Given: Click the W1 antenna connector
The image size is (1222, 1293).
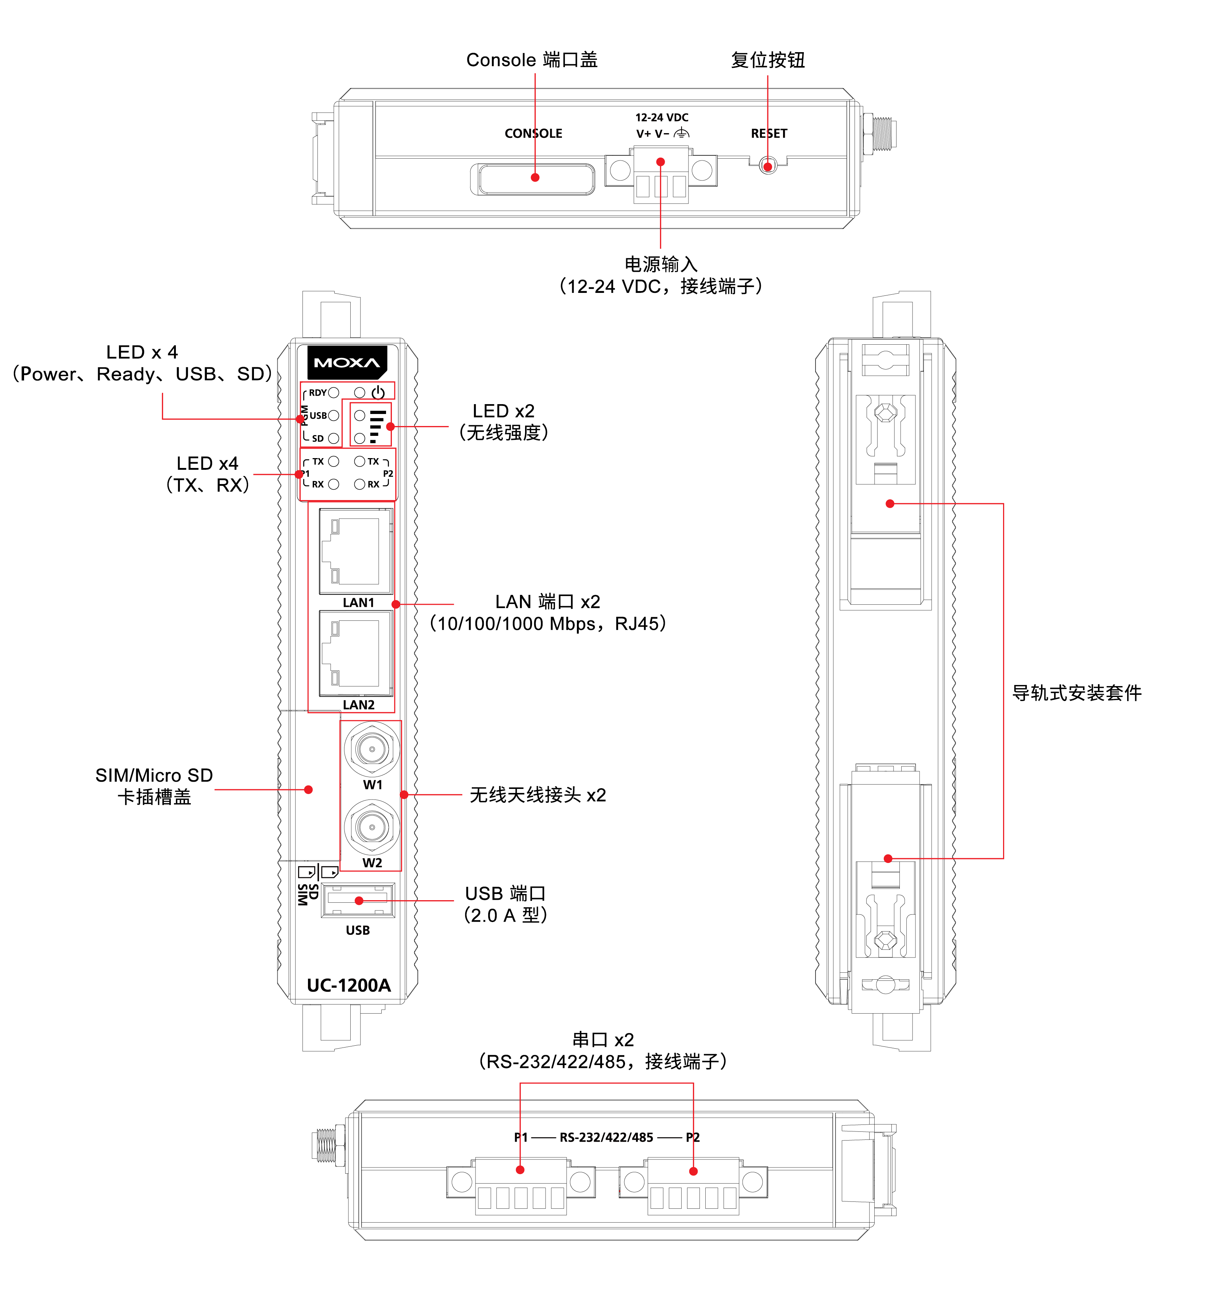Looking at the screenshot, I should tap(371, 749).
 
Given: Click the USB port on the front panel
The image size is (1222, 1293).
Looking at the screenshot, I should tap(358, 901).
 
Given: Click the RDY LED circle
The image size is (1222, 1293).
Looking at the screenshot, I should tap(334, 392).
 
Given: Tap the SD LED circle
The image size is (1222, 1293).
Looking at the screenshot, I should tap(334, 438).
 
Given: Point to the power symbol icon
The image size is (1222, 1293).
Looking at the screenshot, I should tap(378, 392).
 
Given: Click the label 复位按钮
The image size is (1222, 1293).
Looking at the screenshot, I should tap(768, 60).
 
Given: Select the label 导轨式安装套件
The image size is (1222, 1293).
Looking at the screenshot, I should tap(1077, 693).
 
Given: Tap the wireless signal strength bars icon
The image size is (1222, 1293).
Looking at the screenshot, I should tap(377, 426).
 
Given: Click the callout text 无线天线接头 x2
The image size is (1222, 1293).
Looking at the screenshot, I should tap(538, 795).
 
